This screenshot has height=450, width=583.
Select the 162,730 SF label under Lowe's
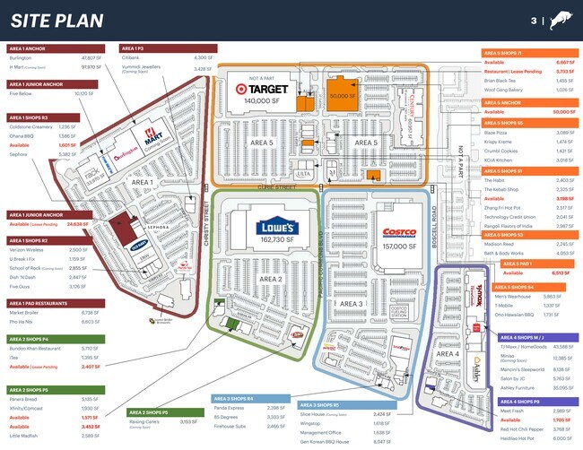pyautogui.click(x=273, y=240)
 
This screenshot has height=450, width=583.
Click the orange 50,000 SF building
pyautogui.click(x=342, y=96)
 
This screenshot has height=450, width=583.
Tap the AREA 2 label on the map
pyautogui.click(x=271, y=280)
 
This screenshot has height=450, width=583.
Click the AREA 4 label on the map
pyautogui.click(x=446, y=354)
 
